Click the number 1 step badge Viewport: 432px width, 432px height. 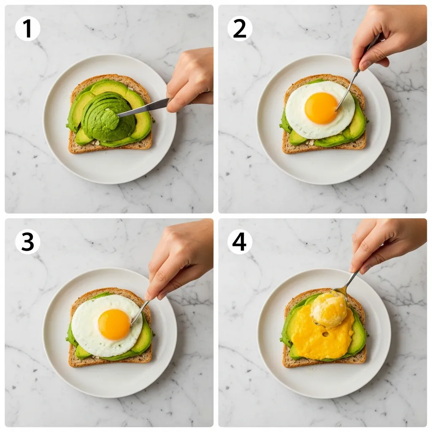click(27, 29)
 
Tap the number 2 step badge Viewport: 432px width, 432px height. click(240, 29)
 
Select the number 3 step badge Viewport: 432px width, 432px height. click(27, 242)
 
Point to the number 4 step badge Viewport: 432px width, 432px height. click(240, 242)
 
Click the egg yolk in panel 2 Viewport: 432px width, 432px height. click(321, 108)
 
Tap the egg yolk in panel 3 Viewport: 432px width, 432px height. click(114, 324)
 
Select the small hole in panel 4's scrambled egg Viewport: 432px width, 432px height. click(324, 334)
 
